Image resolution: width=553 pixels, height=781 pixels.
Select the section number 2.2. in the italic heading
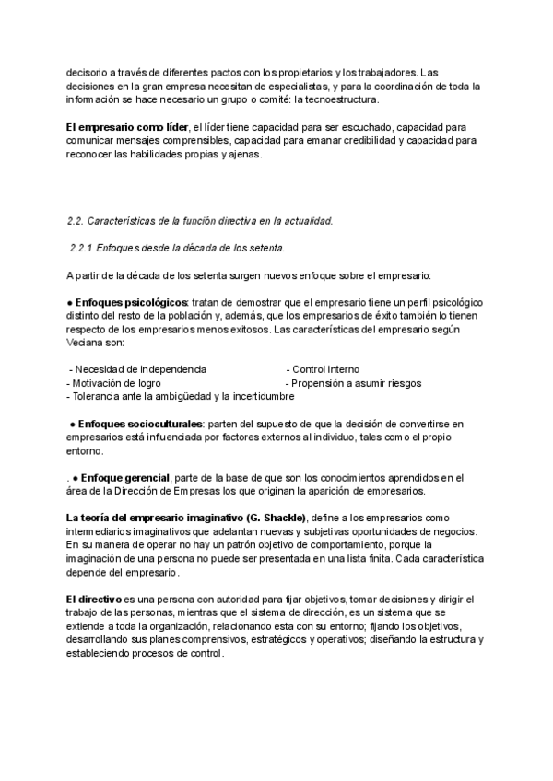click(76, 221)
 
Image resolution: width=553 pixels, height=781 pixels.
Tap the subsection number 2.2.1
click(84, 248)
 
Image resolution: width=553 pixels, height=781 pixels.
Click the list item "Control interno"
click(326, 369)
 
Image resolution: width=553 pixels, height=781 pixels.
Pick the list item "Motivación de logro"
click(117, 383)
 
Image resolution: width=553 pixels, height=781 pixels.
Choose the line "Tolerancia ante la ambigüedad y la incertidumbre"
click(182, 397)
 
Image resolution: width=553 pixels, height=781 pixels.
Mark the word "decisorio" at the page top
click(86, 71)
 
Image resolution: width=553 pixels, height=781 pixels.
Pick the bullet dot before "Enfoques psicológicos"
click(69, 303)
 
